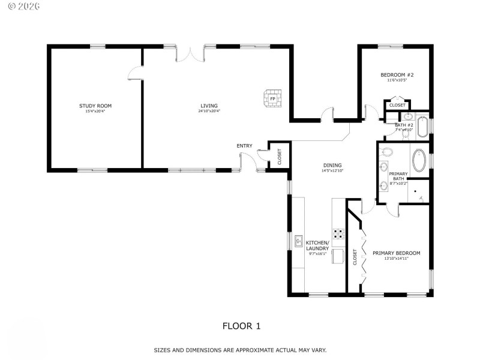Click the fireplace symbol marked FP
click(272, 98)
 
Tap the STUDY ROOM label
click(95, 106)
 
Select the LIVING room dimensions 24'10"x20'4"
click(209, 111)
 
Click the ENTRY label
click(244, 145)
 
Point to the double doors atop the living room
click(193, 54)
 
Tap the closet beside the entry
click(279, 156)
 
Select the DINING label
click(332, 165)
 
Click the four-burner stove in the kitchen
click(338, 233)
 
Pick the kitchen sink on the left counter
click(298, 241)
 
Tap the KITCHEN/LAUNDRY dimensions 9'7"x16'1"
click(316, 254)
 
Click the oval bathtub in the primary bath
click(419, 161)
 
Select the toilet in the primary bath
click(387, 152)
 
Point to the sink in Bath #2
click(408, 117)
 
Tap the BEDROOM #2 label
click(397, 75)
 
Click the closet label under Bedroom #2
click(397, 105)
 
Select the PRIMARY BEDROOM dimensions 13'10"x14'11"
click(396, 259)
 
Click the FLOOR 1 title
click(241, 326)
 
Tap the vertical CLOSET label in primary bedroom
click(355, 257)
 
